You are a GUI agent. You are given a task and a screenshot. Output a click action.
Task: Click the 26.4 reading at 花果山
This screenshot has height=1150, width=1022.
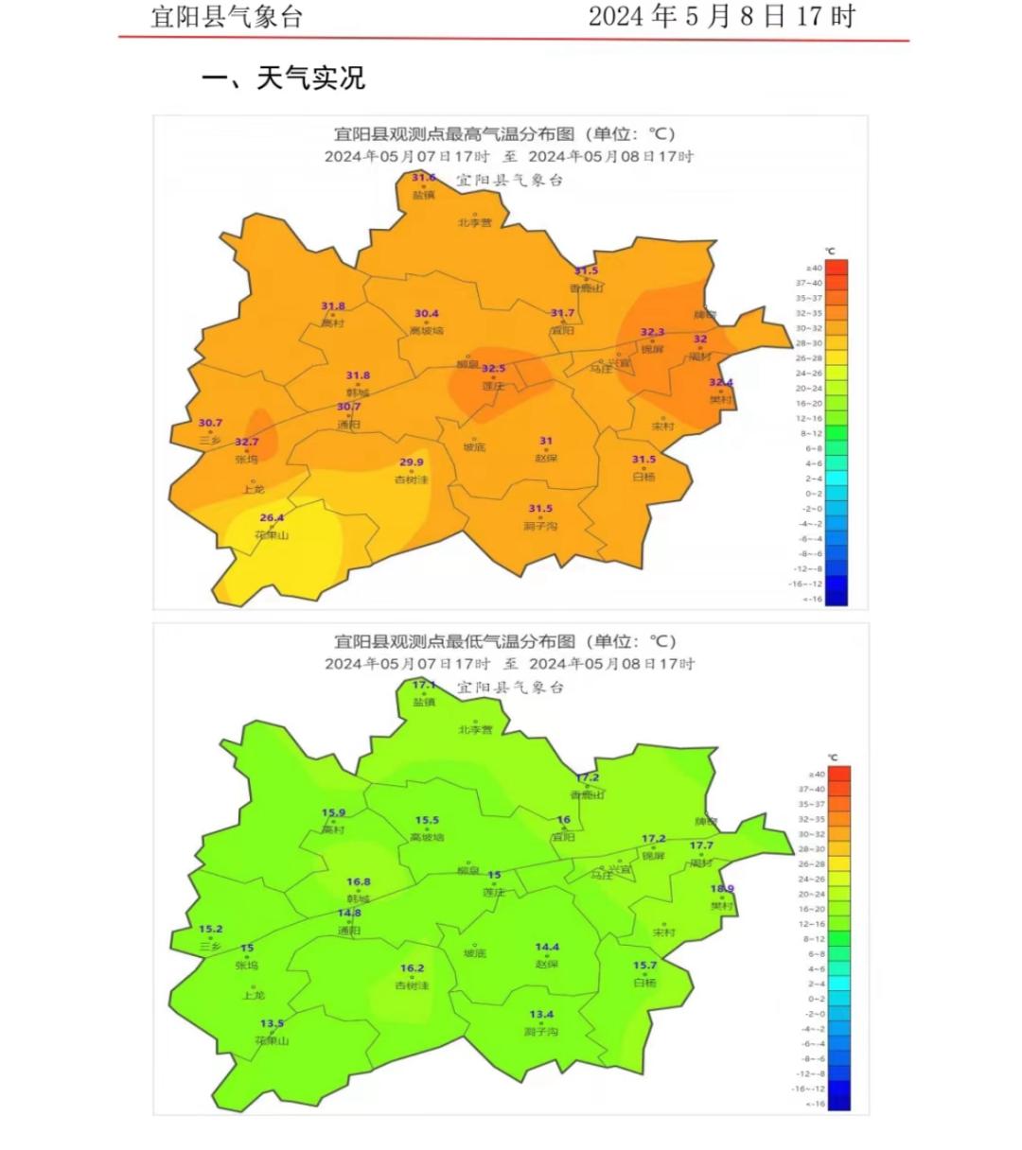click(x=272, y=517)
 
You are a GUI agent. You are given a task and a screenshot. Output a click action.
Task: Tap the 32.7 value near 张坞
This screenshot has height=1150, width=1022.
click(x=247, y=442)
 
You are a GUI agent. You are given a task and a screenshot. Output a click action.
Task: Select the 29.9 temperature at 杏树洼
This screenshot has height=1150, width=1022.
click(x=412, y=462)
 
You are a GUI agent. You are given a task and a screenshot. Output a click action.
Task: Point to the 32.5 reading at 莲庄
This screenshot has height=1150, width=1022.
click(x=493, y=369)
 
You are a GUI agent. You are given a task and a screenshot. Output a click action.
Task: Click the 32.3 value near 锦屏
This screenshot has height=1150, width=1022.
click(x=652, y=333)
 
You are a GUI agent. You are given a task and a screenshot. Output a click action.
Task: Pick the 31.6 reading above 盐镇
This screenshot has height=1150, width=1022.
click(x=424, y=178)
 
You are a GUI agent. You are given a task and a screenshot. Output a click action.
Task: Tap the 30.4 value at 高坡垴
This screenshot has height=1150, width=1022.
click(x=427, y=314)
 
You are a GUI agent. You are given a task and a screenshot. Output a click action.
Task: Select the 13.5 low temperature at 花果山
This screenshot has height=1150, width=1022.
click(x=272, y=1023)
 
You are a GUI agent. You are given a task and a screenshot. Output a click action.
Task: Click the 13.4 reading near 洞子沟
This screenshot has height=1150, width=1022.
click(x=541, y=1015)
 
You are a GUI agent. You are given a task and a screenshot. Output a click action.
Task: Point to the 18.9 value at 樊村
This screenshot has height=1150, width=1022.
click(x=722, y=889)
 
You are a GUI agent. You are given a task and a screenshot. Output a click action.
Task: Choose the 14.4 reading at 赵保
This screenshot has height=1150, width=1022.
click(x=547, y=947)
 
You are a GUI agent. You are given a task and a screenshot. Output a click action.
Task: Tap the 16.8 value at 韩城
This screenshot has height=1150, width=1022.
click(x=359, y=882)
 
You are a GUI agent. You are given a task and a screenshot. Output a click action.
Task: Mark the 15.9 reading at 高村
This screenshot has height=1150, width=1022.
click(x=333, y=812)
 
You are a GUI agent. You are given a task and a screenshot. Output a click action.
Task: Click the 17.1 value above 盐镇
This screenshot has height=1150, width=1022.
click(x=424, y=685)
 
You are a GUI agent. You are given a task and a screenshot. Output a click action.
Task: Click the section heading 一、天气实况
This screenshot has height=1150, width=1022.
click(x=283, y=78)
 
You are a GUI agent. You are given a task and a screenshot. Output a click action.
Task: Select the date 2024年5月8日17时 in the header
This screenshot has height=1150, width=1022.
click(x=721, y=16)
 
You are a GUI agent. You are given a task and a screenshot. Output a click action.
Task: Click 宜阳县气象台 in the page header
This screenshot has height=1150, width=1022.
click(x=227, y=16)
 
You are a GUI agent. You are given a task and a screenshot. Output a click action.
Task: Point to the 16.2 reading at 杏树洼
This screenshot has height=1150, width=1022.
click(x=413, y=968)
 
